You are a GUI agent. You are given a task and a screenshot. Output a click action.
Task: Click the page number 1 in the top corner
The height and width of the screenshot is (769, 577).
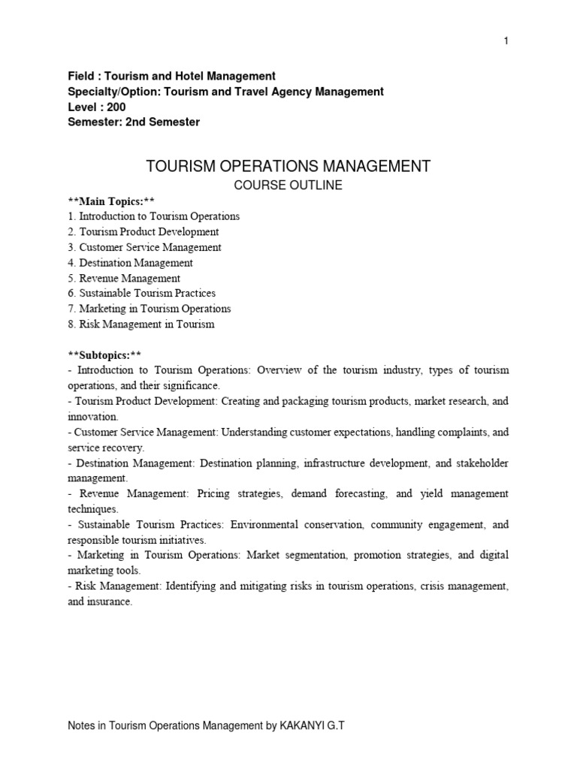coord(506,41)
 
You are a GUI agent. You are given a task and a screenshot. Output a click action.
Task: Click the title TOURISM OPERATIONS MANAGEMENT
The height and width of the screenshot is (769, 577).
coord(287,166)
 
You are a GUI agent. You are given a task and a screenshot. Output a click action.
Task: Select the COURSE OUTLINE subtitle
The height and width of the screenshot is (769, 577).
coord(287,185)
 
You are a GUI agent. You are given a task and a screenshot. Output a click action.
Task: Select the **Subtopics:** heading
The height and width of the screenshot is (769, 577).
coord(104,354)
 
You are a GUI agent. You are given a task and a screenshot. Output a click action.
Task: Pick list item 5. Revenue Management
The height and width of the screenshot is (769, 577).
coord(124,279)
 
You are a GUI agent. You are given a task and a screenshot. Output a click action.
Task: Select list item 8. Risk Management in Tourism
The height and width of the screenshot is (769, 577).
coord(140,324)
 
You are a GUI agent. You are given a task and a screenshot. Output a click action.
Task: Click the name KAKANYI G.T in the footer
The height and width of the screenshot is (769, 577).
coord(310,726)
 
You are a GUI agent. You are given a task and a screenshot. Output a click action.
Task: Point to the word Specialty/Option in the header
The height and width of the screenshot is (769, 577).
coord(107,92)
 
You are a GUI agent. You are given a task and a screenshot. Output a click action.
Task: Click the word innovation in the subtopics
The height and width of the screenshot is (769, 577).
coord(92,416)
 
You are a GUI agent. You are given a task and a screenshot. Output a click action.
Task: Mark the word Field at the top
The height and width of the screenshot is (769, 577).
coord(80,76)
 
